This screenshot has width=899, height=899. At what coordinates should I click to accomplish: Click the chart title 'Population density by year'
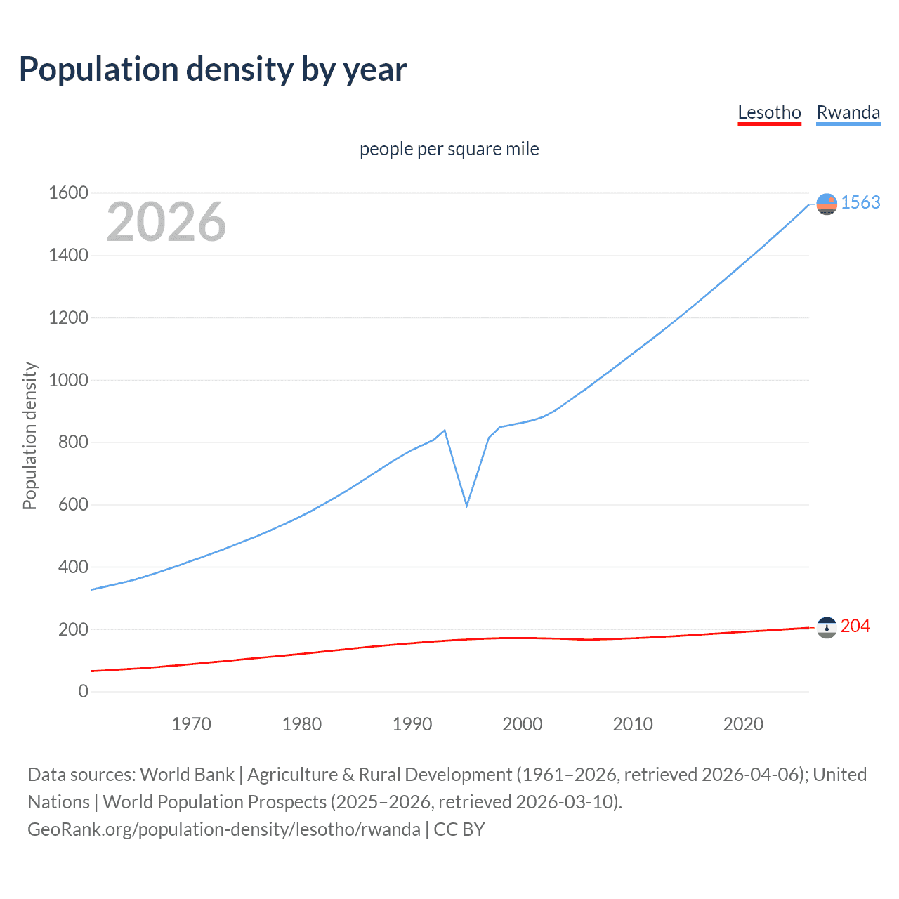click(x=213, y=70)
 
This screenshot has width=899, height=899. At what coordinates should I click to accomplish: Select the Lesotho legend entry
click(x=769, y=112)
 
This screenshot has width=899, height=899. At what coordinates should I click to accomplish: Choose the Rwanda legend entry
click(x=848, y=112)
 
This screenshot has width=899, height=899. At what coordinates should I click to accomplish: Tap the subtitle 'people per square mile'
click(x=449, y=149)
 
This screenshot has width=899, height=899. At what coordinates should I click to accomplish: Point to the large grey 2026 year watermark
click(x=166, y=222)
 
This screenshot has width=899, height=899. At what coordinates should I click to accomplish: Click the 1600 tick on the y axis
click(x=68, y=192)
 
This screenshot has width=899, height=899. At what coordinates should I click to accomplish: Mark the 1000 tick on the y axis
click(x=68, y=380)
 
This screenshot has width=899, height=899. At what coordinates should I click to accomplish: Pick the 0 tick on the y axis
click(x=83, y=691)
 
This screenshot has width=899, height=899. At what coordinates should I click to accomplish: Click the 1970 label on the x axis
click(x=191, y=724)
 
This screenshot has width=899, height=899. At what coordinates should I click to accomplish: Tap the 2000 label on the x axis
click(x=522, y=724)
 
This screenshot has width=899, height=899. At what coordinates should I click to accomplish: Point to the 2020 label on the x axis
click(x=743, y=724)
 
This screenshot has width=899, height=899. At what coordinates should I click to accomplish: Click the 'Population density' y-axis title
click(x=29, y=435)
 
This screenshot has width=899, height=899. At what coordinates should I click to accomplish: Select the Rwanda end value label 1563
click(x=860, y=202)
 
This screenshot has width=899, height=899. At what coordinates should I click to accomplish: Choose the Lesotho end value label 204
click(x=855, y=626)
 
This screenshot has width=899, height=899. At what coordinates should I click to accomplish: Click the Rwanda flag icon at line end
click(x=827, y=204)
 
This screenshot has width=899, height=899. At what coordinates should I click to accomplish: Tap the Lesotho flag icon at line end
click(x=827, y=627)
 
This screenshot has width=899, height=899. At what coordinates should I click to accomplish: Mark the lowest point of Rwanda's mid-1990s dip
click(x=466, y=505)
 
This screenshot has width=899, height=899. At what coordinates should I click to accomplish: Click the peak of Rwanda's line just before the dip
click(x=445, y=430)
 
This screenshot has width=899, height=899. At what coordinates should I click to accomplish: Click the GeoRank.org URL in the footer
click(x=224, y=829)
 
